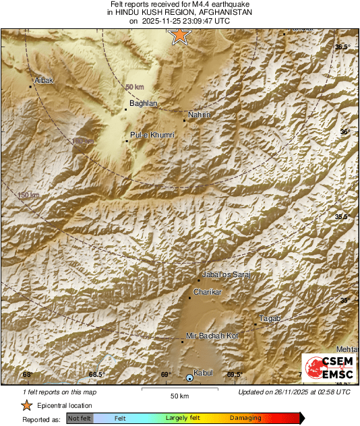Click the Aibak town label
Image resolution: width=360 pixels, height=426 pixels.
click(x=43, y=80)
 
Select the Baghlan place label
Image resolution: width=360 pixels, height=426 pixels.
click(x=143, y=103)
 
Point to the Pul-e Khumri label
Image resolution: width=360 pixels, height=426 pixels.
click(x=152, y=135)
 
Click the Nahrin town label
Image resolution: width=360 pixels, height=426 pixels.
click(x=200, y=115)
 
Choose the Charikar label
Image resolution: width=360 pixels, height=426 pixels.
click(x=207, y=291)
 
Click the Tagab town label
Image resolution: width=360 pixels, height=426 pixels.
click(x=270, y=318)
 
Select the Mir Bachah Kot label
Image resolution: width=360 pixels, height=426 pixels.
click(x=212, y=336)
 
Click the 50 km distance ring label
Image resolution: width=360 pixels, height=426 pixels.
click(x=135, y=87)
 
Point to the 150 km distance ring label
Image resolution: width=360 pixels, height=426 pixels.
click(x=28, y=195)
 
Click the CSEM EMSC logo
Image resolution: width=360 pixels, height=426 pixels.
click(x=326, y=369)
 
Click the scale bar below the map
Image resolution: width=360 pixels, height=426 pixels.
click(x=179, y=388)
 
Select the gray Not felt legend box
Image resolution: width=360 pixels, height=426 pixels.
click(x=80, y=419)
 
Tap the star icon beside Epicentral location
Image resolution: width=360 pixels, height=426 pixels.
click(x=26, y=405)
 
